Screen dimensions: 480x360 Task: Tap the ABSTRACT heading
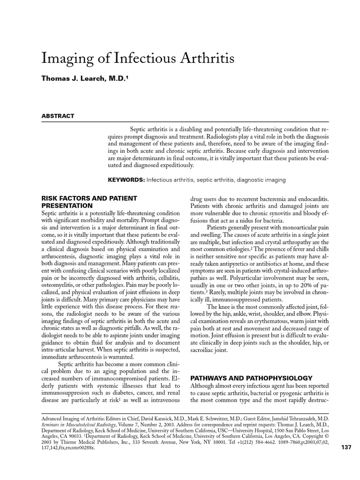point(58,116)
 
